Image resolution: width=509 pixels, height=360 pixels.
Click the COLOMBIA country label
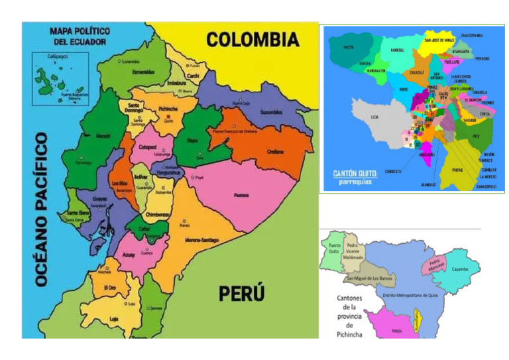click(253, 40)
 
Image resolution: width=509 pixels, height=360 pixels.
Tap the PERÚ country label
click(241, 292)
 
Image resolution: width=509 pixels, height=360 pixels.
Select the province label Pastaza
click(241, 195)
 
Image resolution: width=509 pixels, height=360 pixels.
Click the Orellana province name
click(276, 152)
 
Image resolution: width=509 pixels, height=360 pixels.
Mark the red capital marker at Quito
click(166, 121)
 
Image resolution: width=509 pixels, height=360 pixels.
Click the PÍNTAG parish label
click(457, 170)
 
